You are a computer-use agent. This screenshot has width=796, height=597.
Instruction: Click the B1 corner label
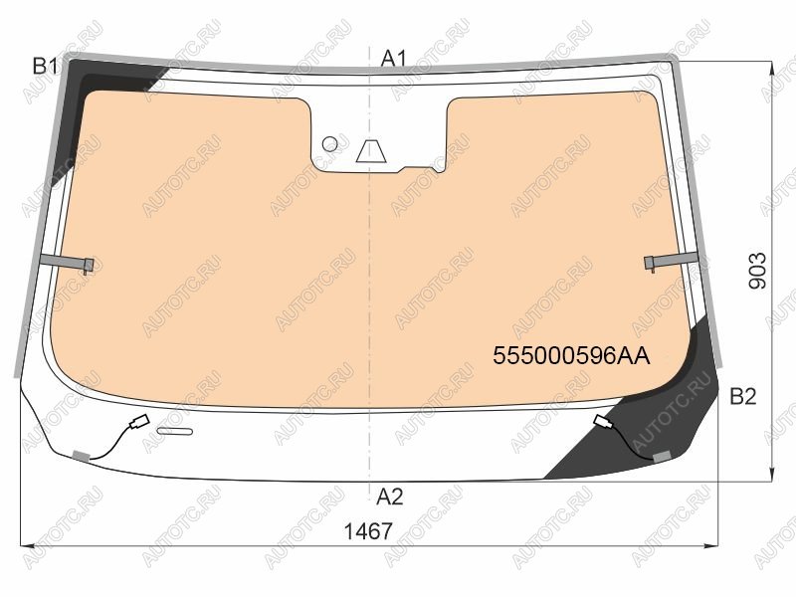(x=45, y=66)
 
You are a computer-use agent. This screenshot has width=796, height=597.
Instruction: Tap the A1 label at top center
(x=394, y=59)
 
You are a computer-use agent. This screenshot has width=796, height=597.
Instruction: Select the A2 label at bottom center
(x=390, y=497)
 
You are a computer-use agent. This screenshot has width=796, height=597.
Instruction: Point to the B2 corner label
(x=743, y=396)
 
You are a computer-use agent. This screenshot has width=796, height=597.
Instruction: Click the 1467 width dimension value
(x=368, y=531)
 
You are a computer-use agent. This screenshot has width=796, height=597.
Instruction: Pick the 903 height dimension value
(x=757, y=271)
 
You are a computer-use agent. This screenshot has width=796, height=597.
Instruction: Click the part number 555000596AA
(x=571, y=356)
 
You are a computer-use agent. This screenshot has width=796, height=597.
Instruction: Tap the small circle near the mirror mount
(x=330, y=143)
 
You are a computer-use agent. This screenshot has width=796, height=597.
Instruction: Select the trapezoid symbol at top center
(x=371, y=151)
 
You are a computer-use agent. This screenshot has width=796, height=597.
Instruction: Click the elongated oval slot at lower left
(x=175, y=432)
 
